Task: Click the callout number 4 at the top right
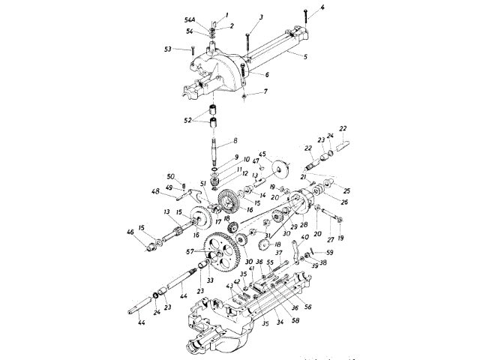click(322, 8)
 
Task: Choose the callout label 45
click(262, 154)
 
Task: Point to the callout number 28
click(304, 223)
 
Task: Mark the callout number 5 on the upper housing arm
click(308, 55)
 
